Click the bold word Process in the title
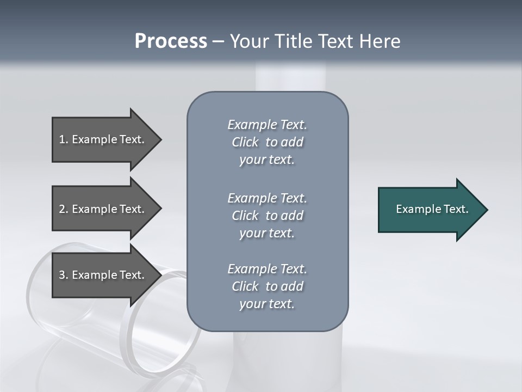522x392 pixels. [x=171, y=41]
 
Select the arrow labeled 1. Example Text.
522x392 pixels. [x=103, y=139]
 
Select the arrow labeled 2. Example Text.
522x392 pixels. [x=103, y=209]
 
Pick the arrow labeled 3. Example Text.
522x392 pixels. [x=103, y=275]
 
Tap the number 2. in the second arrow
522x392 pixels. [x=63, y=209]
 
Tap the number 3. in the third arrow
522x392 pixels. [x=63, y=275]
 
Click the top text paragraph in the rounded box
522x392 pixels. [x=267, y=142]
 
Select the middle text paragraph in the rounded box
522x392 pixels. [x=267, y=216]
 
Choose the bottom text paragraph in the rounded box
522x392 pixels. [x=267, y=286]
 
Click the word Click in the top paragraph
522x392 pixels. [x=245, y=142]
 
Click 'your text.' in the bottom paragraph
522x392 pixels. [x=267, y=304]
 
